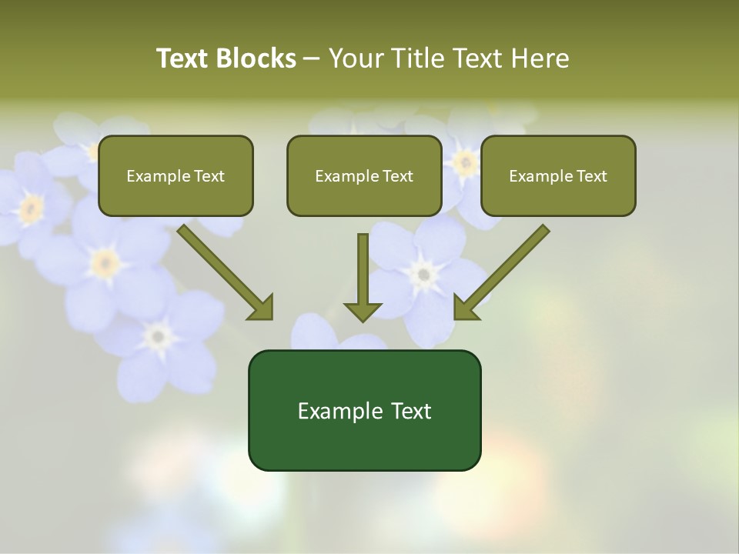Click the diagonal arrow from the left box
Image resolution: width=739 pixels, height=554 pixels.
click(x=223, y=269)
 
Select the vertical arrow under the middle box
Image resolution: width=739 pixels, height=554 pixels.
click(x=363, y=269)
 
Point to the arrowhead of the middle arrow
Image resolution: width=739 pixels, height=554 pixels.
click(x=363, y=312)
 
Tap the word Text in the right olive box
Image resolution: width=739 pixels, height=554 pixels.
click(x=591, y=176)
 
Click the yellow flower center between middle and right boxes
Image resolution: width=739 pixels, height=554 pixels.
click(x=463, y=162)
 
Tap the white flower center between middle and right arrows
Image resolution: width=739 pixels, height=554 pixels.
click(x=422, y=273)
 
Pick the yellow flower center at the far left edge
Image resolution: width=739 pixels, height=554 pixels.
click(x=31, y=207)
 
